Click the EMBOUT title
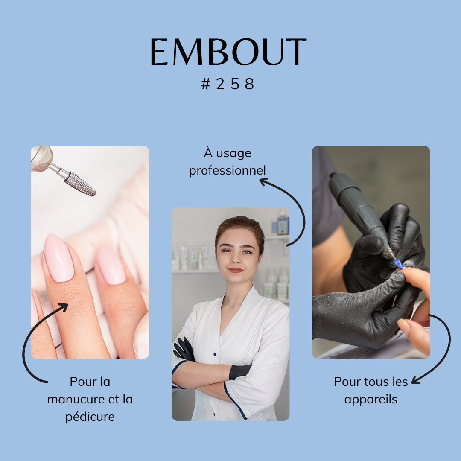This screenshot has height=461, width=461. [228, 52]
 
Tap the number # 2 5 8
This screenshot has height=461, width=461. [228, 84]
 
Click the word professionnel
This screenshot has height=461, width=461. [227, 171]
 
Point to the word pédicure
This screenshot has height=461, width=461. [90, 417]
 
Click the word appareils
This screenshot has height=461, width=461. [371, 400]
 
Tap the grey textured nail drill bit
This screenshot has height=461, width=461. [80, 184]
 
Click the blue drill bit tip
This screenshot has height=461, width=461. [398, 264]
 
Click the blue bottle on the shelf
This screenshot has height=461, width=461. [282, 225]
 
